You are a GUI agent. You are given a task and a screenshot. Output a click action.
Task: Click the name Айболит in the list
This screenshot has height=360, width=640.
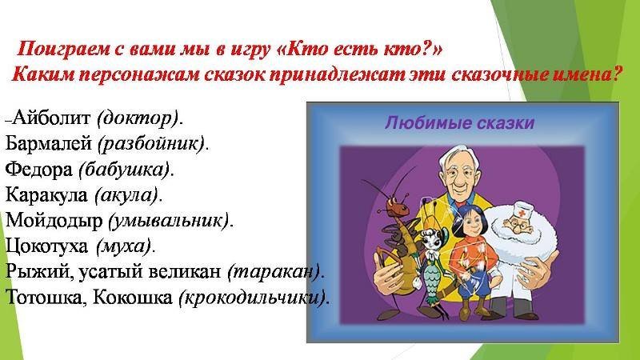coord(51,118)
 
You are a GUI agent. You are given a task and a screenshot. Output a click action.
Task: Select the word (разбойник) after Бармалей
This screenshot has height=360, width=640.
coord(151,143)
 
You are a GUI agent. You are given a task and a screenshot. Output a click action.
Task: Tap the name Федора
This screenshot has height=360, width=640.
coord(39,169)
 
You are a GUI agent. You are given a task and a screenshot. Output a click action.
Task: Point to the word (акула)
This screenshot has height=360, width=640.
coord(126,195)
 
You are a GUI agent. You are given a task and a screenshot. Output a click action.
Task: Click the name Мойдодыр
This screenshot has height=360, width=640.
coord(54,221)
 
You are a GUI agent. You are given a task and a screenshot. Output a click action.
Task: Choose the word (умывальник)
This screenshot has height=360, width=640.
coord(169,221)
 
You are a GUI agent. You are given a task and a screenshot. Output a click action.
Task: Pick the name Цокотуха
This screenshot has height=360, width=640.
coord(46,246)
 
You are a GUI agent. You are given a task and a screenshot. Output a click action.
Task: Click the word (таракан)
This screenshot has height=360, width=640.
coord(274,271)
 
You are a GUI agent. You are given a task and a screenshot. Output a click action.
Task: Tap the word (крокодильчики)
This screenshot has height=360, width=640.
coord(252,298)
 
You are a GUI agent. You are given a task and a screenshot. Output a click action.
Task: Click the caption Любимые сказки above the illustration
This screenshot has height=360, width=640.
coord(459,123)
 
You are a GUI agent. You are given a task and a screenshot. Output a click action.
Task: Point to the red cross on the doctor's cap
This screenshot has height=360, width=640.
coord(522,213)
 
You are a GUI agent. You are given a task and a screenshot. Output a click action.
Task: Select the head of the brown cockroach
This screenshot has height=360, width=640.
coord(397,207)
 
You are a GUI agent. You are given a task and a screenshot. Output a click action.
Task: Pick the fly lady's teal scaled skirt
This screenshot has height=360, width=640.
coord(433,277)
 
